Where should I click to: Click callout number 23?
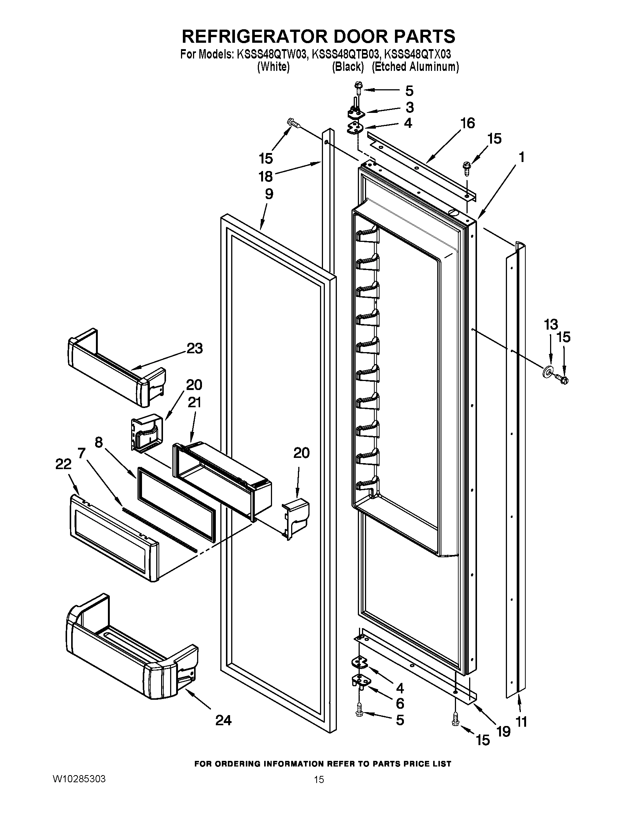195,348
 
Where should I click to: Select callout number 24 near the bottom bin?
223,720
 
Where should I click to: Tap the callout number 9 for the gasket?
269,194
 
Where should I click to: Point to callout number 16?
468,123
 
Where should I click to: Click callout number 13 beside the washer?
550,324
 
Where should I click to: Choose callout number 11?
521,722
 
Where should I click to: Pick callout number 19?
503,731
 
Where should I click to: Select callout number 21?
194,403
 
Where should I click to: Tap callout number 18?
266,176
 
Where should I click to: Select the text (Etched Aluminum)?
415,67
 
